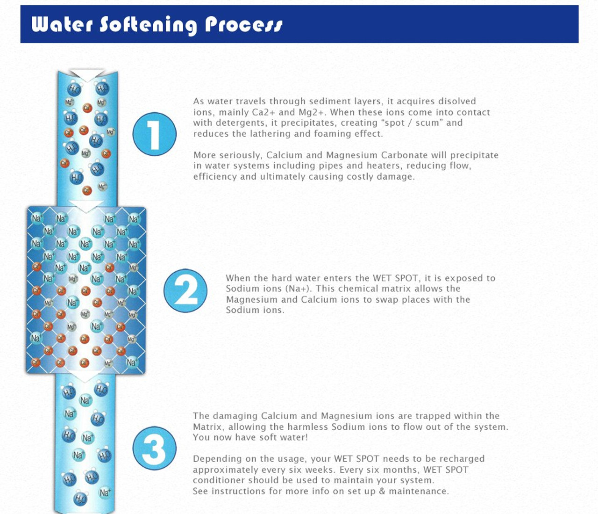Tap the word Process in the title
tap(243, 24)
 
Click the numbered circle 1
tap(155, 134)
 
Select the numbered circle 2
tap(185, 290)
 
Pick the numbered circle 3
tap(155, 448)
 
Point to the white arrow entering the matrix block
tap(86, 206)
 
